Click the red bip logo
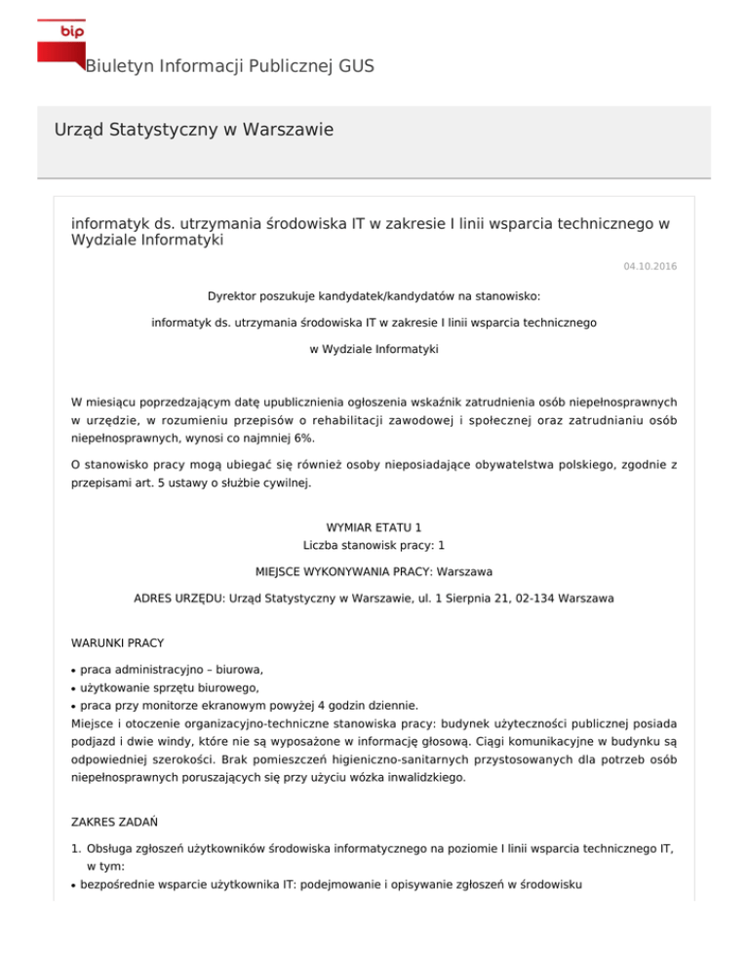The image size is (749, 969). coord(59,42)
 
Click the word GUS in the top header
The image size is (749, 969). coord(356,66)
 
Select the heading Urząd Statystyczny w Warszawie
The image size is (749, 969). coord(195,130)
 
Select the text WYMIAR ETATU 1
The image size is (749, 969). coord(374,527)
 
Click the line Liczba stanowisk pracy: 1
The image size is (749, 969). coord(374,545)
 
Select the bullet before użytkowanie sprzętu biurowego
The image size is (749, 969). coord(75,688)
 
